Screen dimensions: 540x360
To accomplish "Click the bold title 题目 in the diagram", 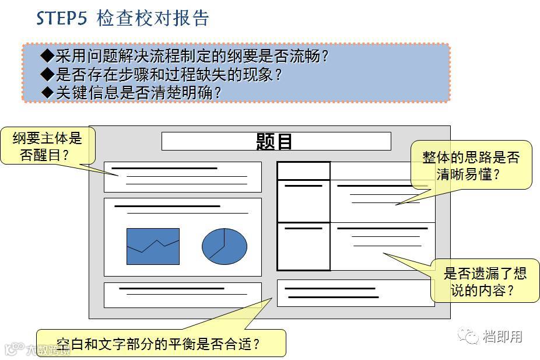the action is tap(275, 141).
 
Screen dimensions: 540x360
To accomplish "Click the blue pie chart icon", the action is tap(225, 246).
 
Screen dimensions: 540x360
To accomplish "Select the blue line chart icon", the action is tap(153, 246).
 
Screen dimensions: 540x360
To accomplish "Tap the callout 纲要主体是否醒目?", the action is tap(47, 146).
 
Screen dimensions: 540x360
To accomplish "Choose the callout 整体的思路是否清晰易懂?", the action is tap(471, 165).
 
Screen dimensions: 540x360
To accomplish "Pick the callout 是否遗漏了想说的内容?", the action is tap(485, 281).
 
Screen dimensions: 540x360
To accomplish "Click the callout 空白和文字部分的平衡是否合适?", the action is tap(160, 343).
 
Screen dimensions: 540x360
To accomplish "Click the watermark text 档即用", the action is tap(503, 336).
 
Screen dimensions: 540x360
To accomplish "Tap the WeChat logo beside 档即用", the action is tap(468, 335).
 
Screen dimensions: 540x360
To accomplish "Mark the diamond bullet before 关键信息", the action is tap(47, 92).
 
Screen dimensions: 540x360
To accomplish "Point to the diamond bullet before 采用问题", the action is tap(47, 57).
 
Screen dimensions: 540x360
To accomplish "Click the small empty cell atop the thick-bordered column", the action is tap(303, 171).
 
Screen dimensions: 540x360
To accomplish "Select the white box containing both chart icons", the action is tap(183, 236).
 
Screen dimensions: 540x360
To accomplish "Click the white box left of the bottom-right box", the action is tap(183, 295).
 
